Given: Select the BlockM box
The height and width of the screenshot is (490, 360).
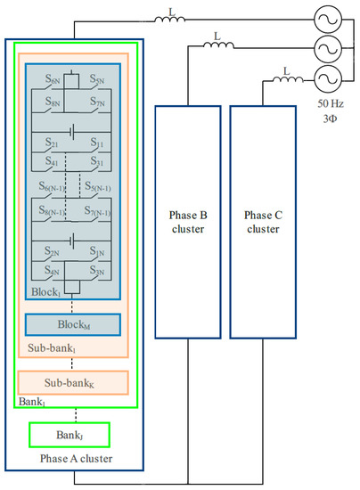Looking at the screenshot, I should point(73,323).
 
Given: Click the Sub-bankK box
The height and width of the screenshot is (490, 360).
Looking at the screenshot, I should point(73,383).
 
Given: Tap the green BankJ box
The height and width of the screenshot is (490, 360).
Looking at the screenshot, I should point(69,435).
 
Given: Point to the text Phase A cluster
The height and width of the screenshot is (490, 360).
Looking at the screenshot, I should point(69,458).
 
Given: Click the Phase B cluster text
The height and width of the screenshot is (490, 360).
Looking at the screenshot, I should point(188,221).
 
